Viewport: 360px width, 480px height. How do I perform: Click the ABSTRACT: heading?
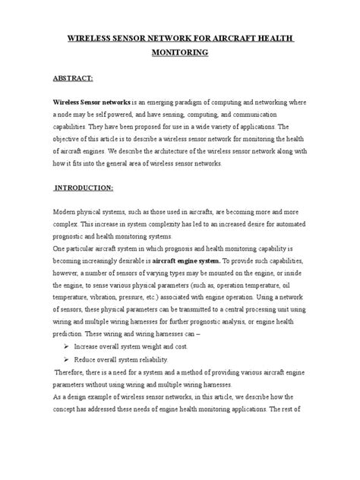point(73,77)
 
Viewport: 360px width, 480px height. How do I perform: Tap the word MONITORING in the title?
point(179,54)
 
